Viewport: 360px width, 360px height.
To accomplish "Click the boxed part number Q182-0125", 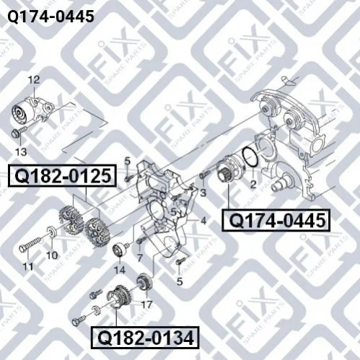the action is pyautogui.click(x=63, y=176).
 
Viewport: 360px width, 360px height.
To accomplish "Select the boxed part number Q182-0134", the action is pyautogui.click(x=145, y=338).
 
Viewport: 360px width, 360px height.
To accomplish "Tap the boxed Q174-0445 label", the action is pyautogui.click(x=276, y=220).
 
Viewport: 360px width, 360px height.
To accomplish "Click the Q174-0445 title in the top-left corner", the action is pyautogui.click(x=51, y=17).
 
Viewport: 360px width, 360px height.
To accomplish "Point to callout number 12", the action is pyautogui.click(x=34, y=80).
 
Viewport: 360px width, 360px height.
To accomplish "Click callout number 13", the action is pyautogui.click(x=21, y=152).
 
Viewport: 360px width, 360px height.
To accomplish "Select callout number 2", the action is pyautogui.click(x=253, y=185).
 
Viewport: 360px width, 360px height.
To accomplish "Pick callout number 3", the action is pyautogui.click(x=203, y=193).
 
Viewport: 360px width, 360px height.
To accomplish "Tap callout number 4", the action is pyautogui.click(x=203, y=221).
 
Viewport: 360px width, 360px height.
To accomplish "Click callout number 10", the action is pyautogui.click(x=52, y=255).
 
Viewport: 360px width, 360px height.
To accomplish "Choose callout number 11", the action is pyautogui.click(x=28, y=266).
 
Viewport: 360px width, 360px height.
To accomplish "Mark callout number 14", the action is pyautogui.click(x=120, y=270).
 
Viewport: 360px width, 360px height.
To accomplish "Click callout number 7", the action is pyautogui.click(x=140, y=258).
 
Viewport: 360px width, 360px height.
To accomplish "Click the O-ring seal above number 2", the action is pyautogui.click(x=250, y=158).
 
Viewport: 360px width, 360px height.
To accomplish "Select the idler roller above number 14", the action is pyautogui.click(x=120, y=250).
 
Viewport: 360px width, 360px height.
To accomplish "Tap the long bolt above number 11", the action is pyautogui.click(x=30, y=244).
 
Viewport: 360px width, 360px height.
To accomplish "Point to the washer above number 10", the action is pyautogui.click(x=52, y=232).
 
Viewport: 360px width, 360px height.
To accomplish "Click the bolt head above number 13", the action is pyautogui.click(x=15, y=133).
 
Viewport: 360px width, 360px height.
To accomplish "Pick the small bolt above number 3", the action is pyautogui.click(x=205, y=174).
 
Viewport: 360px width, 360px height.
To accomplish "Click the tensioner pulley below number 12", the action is pyautogui.click(x=20, y=115).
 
